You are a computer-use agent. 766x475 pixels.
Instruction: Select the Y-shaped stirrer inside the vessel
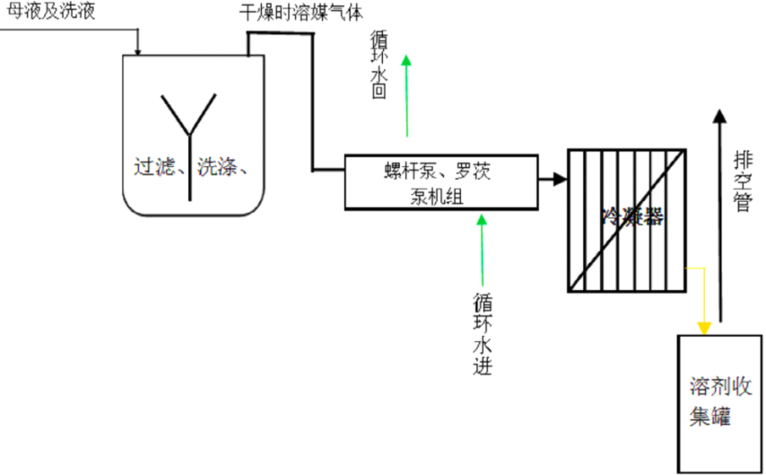[x=189, y=144]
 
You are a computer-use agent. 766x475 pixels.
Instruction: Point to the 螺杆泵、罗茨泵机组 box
[x=441, y=181]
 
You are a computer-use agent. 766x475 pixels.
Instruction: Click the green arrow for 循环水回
[x=406, y=95]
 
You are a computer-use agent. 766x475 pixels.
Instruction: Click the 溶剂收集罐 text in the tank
[x=718, y=402]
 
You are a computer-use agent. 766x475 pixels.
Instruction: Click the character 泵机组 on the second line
[x=437, y=198]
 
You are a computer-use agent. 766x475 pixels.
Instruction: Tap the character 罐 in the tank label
[x=719, y=418]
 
